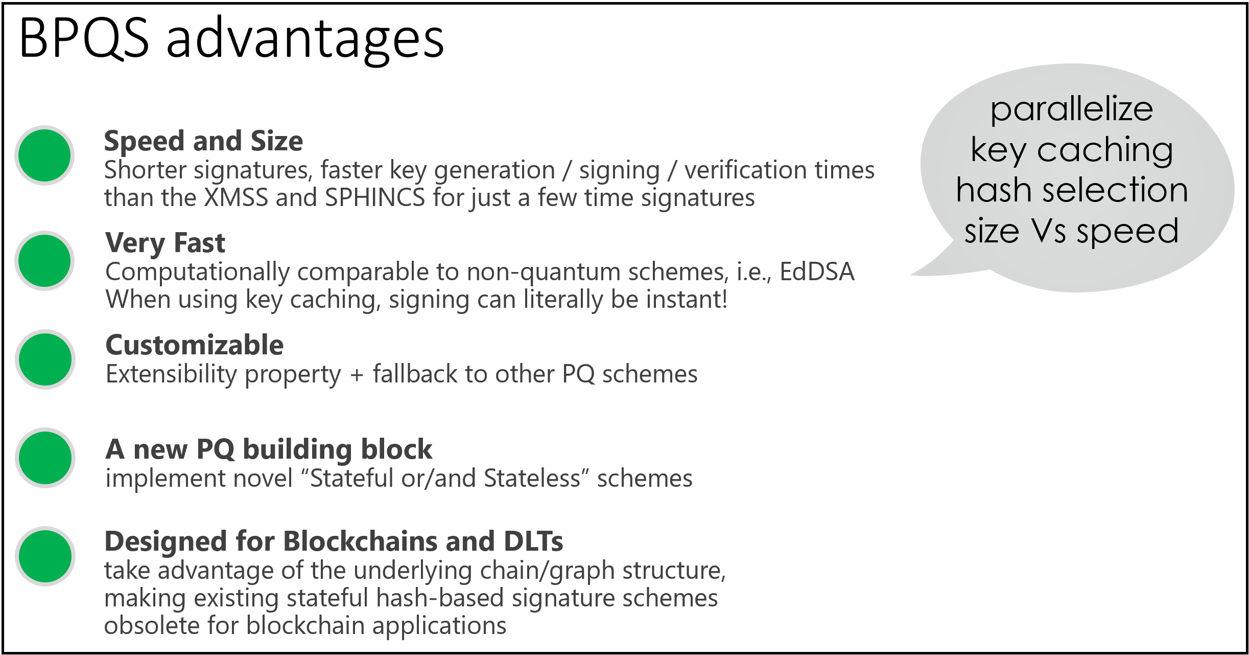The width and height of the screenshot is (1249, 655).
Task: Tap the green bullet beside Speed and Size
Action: (44, 155)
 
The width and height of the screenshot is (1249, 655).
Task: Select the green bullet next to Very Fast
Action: (44, 260)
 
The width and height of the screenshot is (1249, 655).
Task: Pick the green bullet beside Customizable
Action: (45, 359)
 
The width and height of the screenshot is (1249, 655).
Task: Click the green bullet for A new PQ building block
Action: (45, 458)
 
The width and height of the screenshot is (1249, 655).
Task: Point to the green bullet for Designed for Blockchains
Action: (45, 556)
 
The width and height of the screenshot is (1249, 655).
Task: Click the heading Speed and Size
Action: (203, 141)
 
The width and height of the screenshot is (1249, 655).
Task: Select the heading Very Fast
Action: (165, 243)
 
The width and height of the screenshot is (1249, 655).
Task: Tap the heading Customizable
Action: (194, 345)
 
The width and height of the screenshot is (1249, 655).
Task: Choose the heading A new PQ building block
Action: (269, 450)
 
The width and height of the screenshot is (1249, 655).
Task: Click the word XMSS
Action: (235, 198)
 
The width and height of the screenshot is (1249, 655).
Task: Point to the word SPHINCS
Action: (375, 198)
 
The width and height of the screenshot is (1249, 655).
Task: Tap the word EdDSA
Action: (817, 272)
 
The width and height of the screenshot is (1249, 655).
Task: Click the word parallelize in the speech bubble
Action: (1072, 109)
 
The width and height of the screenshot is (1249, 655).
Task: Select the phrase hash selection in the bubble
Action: (1072, 190)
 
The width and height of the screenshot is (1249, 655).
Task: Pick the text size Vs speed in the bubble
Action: (1071, 232)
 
